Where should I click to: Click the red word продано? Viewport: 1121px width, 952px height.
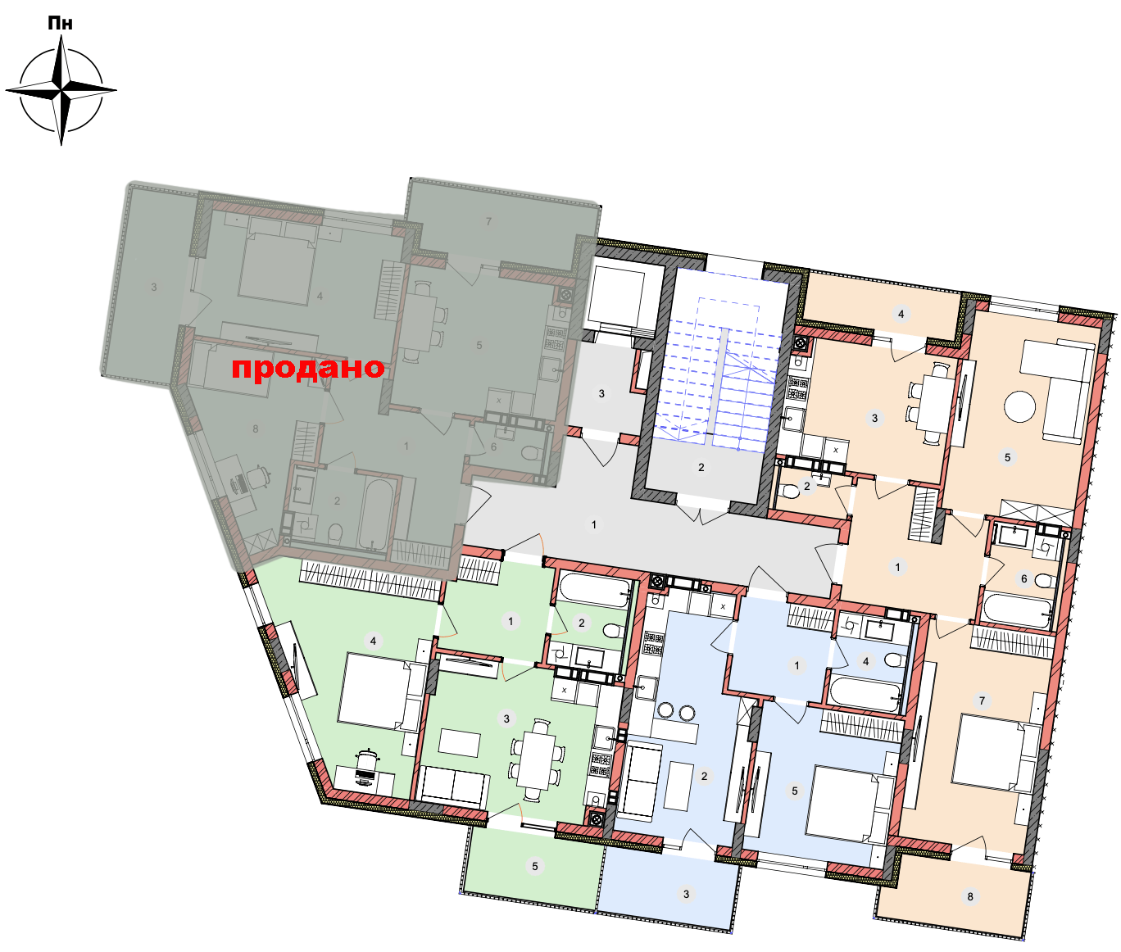308,369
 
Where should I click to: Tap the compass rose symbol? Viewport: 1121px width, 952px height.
61,90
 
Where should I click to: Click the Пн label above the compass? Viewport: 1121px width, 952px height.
60,23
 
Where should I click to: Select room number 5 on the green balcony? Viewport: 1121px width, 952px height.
535,866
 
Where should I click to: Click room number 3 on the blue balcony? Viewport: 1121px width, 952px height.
686,894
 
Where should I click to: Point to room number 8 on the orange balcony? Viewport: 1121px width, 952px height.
970,897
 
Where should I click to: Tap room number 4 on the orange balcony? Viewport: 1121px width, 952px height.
901,314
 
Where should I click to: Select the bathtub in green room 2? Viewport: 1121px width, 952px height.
594,591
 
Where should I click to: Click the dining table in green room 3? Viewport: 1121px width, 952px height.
536,760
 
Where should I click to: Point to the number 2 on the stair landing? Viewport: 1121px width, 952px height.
701,467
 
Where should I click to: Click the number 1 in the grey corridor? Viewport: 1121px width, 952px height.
594,524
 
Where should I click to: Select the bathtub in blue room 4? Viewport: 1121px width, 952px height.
864,693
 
